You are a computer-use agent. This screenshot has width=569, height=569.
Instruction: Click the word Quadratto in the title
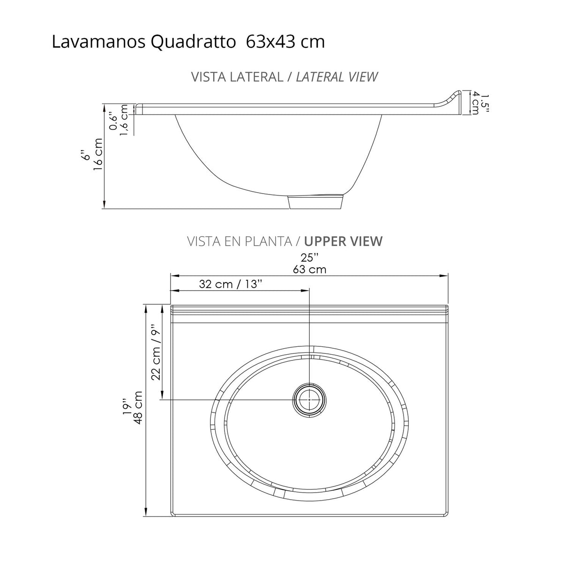click(193, 42)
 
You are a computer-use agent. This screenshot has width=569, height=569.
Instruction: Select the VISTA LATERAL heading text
click(236, 77)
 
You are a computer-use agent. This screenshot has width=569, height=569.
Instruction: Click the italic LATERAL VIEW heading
click(337, 77)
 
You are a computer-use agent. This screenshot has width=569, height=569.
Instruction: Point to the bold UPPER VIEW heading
click(343, 241)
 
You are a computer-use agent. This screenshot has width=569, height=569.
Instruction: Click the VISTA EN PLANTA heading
click(240, 241)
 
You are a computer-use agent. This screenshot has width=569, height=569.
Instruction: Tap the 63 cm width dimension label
click(309, 269)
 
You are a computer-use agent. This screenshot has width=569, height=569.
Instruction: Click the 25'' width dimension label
click(309, 257)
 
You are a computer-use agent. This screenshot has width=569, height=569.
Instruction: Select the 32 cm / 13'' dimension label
click(230, 284)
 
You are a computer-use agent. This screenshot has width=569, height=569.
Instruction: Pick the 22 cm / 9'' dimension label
click(156, 353)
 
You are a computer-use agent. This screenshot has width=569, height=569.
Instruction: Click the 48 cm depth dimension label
click(138, 407)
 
